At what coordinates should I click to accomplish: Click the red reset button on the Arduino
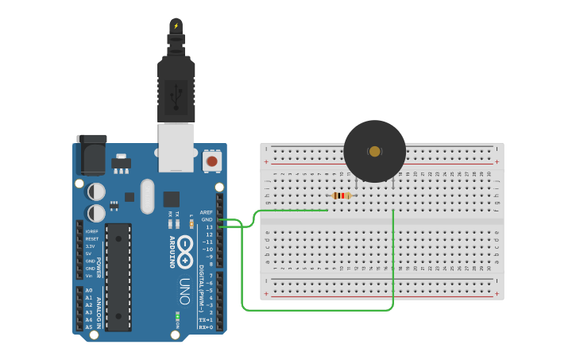coord(211,161)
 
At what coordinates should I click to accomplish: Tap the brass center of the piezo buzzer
coord(374,151)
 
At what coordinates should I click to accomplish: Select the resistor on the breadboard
coord(342,195)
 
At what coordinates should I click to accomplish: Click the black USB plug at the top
coord(176,87)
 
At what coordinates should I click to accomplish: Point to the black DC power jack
coord(91,155)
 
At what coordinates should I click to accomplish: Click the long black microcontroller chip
coord(118,277)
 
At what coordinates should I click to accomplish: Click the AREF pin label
coord(207,212)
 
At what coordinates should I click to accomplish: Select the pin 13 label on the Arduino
coord(208,227)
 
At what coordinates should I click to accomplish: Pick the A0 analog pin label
coord(89,291)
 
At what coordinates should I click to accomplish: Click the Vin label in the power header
coord(90,276)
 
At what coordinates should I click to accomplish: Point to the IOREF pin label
coord(91,231)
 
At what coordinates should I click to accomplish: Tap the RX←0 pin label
coord(206,327)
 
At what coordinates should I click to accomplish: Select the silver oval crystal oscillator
coord(147,196)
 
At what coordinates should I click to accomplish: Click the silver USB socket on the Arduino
coord(176,147)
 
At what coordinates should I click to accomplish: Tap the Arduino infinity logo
coord(185,254)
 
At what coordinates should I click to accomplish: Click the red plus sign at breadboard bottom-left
coord(266,294)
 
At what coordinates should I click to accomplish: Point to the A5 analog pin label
coord(89,327)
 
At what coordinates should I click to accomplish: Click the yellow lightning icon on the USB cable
coord(176,25)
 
